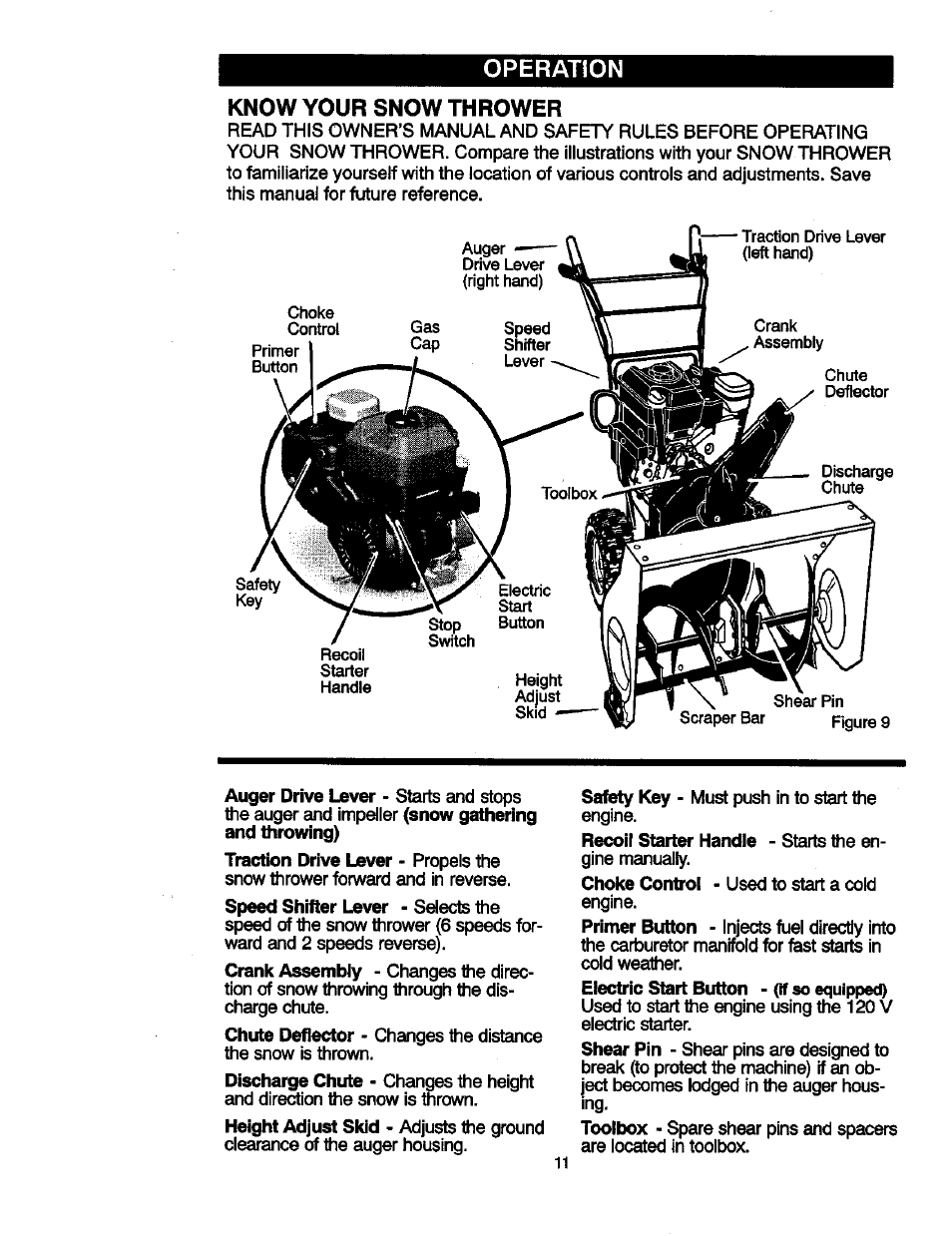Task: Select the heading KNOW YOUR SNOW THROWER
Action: click(395, 107)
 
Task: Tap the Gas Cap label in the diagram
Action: click(425, 335)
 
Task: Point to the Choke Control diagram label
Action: click(313, 321)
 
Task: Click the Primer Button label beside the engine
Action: click(274, 358)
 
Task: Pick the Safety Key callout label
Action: click(257, 593)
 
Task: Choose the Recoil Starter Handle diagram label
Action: click(345, 670)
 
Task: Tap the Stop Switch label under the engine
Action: click(451, 632)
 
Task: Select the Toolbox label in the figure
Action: click(569, 493)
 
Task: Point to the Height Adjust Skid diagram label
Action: click(538, 696)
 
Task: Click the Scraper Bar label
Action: click(721, 717)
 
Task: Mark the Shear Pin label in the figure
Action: click(808, 701)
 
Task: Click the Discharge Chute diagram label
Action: click(856, 480)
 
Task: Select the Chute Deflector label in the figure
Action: click(855, 384)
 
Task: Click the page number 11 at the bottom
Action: click(560, 1163)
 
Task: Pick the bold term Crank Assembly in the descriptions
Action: click(293, 971)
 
